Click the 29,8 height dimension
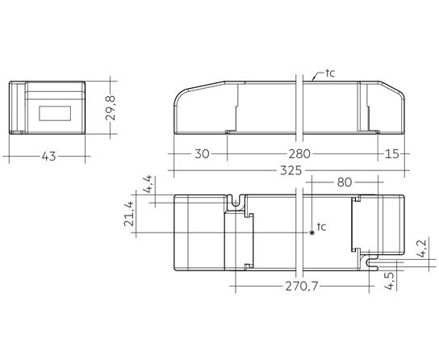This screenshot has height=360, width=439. coord(111,108)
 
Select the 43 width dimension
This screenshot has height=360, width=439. coord(48,157)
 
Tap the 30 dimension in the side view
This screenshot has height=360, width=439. coord(202,153)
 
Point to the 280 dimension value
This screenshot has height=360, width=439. coord(299,153)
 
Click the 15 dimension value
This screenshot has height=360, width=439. coord(391,153)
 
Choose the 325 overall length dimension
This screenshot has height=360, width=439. coord(291,170)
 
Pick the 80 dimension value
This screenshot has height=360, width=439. coord(344,182)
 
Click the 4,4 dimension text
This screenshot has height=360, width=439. coord(148,184)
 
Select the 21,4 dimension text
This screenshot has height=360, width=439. coord(128,214)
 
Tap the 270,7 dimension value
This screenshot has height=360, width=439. coord(302,286)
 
